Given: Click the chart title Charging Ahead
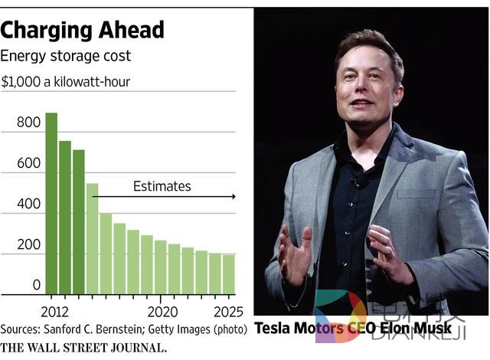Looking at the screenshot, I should point(82,30).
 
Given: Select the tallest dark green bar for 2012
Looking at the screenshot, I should point(51,203).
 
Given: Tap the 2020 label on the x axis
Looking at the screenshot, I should point(163,312).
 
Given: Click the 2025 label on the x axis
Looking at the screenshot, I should point(228,312).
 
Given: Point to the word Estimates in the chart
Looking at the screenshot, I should point(162,186).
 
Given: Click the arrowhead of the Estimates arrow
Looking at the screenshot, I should point(233,197).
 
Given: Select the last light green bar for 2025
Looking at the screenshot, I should point(228,274).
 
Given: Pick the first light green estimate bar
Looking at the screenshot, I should point(92,238).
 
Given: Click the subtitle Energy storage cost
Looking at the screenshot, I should point(65,56).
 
